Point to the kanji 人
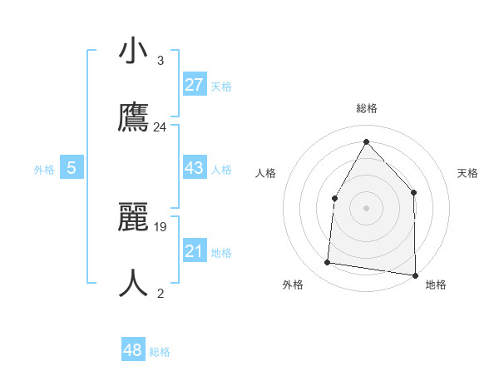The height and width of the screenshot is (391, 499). pos(133,283)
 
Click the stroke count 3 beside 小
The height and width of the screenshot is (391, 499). pos(160,61)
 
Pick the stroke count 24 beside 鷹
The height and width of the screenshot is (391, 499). pos(160,127)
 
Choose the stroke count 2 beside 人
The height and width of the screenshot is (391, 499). pos(160,293)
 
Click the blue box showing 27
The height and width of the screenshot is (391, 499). pos(194,85)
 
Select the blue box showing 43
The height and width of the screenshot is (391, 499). pos(194,168)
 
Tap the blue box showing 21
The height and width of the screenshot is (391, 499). pos(194,251)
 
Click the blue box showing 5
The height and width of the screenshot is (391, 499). pos(72,168)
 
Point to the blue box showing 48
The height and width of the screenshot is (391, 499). pos(133,350)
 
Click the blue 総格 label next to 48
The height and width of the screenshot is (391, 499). pos(160,352)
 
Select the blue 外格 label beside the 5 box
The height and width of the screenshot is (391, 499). pos(44,170)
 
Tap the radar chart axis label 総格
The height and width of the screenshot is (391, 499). pos(366,108)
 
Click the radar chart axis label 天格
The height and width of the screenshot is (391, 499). pos(467,173)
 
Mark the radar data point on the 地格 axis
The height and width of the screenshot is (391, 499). pos(415,275)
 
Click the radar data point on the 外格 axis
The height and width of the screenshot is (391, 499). pos(328,263)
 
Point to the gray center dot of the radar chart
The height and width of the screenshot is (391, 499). pos(366,206)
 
